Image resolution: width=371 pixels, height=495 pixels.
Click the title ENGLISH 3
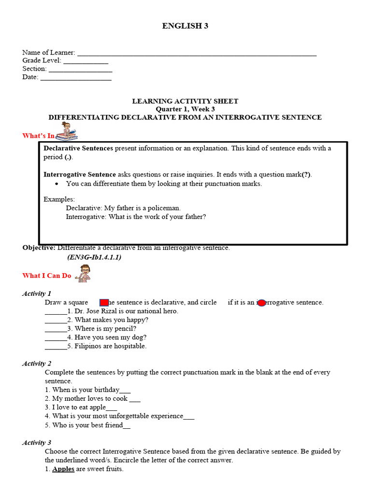pos(185,26)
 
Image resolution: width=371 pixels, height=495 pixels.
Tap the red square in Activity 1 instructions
pos(104,303)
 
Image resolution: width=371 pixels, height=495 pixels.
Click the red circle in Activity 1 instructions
pos(261,303)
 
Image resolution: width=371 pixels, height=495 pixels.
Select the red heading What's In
pos(38,136)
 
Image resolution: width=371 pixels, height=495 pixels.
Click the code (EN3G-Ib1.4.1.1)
pos(94,257)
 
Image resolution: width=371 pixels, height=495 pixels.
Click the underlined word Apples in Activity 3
pos(63,469)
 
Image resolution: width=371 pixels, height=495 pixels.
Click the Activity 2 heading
pos(37,364)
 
